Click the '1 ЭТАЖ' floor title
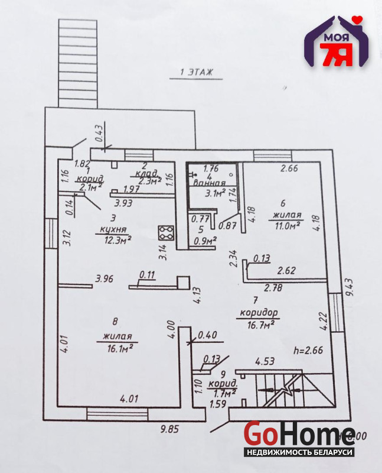click(196, 72)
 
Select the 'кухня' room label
click(113, 229)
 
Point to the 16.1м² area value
click(120, 348)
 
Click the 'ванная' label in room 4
click(210, 183)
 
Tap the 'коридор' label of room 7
click(259, 312)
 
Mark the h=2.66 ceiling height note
click(308, 350)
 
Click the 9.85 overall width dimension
click(169, 429)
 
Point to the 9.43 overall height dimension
click(351, 287)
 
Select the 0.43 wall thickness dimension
click(99, 133)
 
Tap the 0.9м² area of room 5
click(205, 241)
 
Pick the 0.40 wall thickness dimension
click(207, 335)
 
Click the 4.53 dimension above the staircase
click(265, 361)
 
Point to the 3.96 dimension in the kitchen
click(105, 278)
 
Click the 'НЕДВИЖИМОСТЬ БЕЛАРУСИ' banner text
click(299, 452)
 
